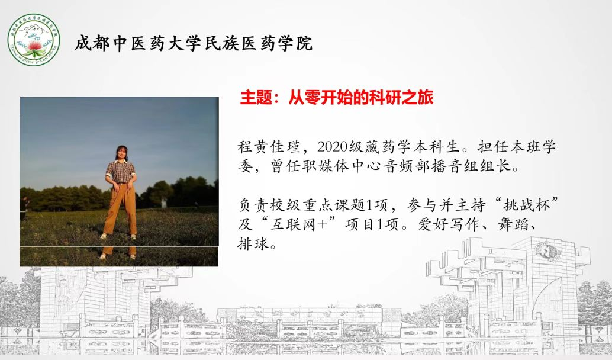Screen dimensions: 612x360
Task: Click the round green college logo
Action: pyautogui.click(x=34, y=40)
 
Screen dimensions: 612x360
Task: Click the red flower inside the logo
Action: pyautogui.click(x=34, y=46)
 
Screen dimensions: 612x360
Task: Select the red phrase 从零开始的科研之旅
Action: pyautogui.click(x=361, y=98)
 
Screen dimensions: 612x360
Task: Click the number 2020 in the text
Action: pyautogui.click(x=333, y=147)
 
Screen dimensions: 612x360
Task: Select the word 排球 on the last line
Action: pyautogui.click(x=253, y=244)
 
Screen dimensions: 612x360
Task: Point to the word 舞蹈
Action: pyautogui.click(x=513, y=224)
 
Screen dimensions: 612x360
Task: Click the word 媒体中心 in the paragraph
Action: pyautogui.click(x=334, y=166)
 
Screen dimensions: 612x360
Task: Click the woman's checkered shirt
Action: pyautogui.click(x=121, y=171)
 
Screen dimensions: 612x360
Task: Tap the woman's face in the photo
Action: pyautogui.click(x=121, y=153)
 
